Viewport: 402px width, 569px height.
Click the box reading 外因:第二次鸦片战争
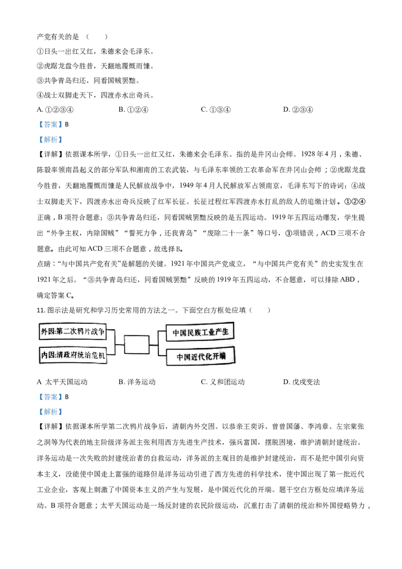[72, 331]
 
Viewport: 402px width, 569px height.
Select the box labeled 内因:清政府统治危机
[73, 355]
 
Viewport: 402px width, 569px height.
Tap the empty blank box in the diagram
[136, 344]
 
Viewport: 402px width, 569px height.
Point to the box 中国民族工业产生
[200, 332]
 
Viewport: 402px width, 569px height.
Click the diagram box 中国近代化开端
[200, 356]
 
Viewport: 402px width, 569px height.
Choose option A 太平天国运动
[62, 382]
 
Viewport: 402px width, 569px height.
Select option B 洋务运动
[137, 382]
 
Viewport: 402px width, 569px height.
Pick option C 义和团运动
[223, 382]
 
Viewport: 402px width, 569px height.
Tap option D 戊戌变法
[301, 382]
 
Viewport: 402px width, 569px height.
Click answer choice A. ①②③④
[55, 110]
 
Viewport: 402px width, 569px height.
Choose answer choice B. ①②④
[134, 110]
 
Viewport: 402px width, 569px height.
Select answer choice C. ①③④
[216, 110]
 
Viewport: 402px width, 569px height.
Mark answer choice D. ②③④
[298, 110]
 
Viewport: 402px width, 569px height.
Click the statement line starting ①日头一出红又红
[95, 52]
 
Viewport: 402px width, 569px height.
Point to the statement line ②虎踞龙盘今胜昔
[95, 66]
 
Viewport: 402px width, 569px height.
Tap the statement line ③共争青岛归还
[88, 80]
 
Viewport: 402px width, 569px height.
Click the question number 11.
[41, 310]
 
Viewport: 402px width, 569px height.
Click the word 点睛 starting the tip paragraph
[44, 264]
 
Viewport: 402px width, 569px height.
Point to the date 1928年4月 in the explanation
[319, 154]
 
